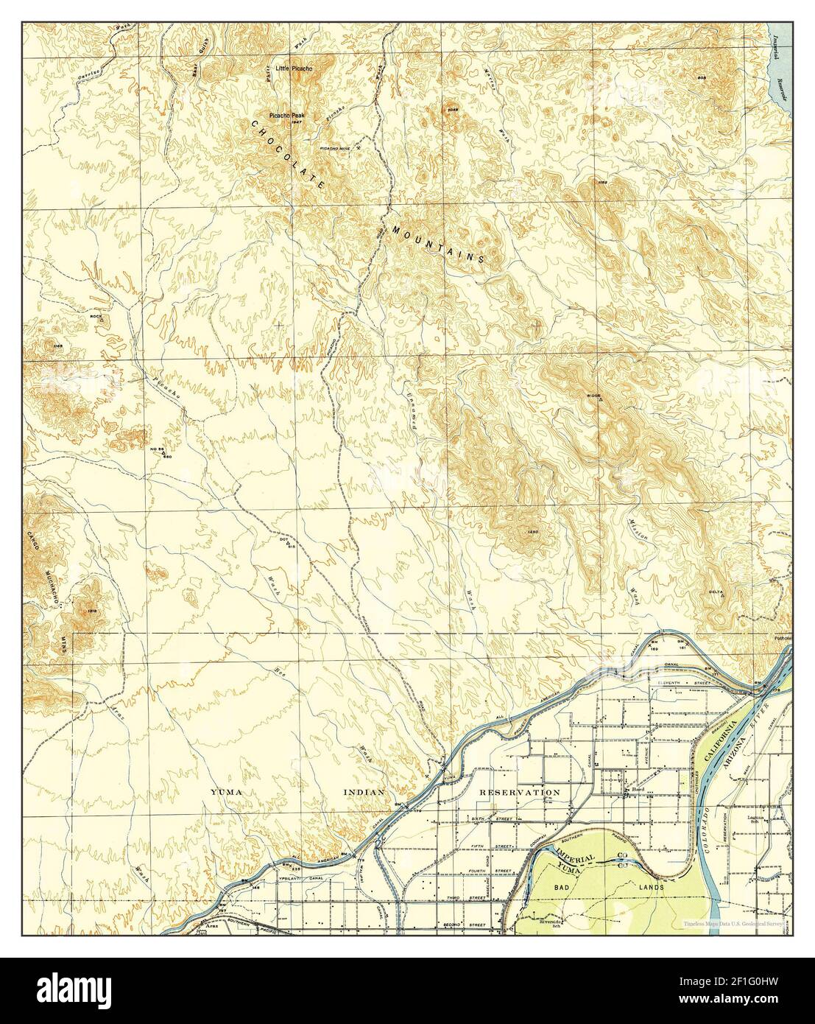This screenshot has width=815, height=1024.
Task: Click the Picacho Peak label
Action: (292, 116)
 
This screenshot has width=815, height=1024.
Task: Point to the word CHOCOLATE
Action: (288, 155)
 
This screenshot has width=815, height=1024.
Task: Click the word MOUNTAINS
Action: (438, 243)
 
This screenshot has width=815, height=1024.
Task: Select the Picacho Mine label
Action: (335, 148)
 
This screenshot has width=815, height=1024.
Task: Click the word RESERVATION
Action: (519, 792)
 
